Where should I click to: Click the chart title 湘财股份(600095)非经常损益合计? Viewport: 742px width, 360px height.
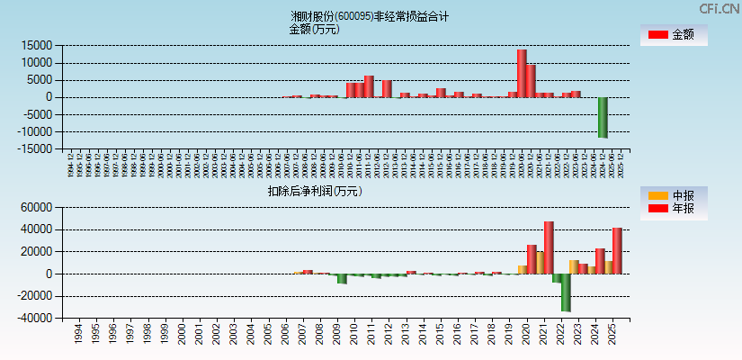370,16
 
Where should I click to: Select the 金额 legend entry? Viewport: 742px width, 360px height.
672,35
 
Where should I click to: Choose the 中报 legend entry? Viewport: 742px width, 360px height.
672,195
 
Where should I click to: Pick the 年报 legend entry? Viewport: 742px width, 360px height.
672,209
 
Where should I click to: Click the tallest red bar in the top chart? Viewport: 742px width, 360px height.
522,74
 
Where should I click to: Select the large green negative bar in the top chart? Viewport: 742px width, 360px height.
603,117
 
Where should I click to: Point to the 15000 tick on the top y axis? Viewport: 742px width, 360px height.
37,45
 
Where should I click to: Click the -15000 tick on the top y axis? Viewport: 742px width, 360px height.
34,149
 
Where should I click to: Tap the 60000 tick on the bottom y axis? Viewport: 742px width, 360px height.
37,208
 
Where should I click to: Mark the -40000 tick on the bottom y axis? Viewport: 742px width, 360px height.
34,318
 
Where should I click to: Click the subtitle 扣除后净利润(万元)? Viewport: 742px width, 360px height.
314,191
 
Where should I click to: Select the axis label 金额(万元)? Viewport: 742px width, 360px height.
314,29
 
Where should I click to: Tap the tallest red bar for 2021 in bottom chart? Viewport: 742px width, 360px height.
549,247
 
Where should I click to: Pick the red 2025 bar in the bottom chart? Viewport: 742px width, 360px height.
617,251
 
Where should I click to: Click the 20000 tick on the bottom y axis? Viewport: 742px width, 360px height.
37,252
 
